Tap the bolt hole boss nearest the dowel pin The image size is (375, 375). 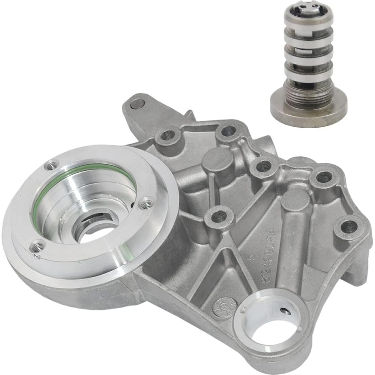(167, 135)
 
